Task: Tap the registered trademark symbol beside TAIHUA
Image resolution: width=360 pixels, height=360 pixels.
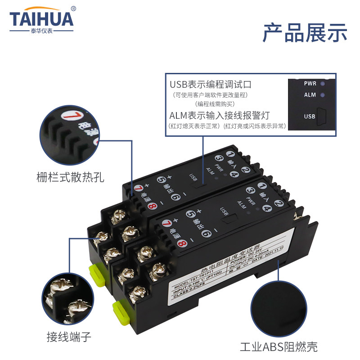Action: pyautogui.click(x=74, y=8)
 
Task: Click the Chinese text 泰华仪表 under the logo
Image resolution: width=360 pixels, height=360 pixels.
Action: pyautogui.click(x=41, y=31)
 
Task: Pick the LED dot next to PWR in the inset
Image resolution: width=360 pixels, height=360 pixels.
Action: pyautogui.click(x=323, y=83)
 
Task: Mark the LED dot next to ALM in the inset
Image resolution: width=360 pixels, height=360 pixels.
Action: pyautogui.click(x=323, y=95)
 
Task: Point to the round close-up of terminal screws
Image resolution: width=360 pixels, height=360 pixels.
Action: pyautogui.click(x=70, y=295)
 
